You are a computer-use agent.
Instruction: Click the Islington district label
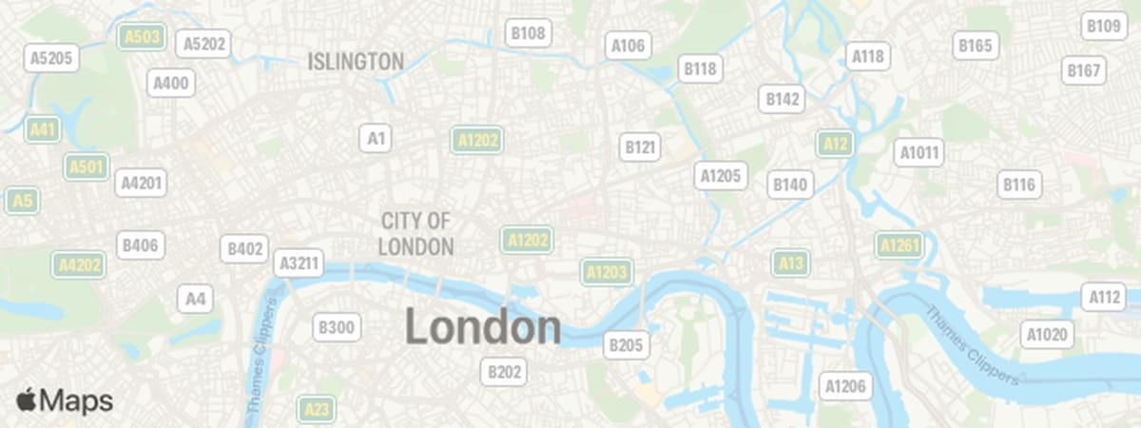[x=356, y=62]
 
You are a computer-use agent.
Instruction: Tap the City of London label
[x=416, y=234]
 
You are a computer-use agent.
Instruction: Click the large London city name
[x=483, y=327]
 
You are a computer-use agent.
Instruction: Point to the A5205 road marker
[x=51, y=58]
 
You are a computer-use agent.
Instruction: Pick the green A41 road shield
[x=43, y=129]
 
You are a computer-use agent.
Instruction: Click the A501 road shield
[x=86, y=167]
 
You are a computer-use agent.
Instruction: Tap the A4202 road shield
[x=78, y=265]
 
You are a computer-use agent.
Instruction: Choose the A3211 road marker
[x=299, y=263]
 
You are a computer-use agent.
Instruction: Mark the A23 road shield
[x=317, y=410]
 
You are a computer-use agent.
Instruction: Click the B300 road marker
[x=337, y=328]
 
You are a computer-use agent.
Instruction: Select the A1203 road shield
[x=607, y=273]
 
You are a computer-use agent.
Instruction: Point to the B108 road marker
[x=528, y=33]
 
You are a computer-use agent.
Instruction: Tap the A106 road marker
[x=629, y=45]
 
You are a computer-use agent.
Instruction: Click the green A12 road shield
[x=835, y=144]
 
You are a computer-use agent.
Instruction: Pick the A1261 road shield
[x=899, y=246]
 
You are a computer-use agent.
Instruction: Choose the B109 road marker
[x=1103, y=26]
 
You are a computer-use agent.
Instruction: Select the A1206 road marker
[x=845, y=385]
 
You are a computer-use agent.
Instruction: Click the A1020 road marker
[x=1047, y=334]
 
